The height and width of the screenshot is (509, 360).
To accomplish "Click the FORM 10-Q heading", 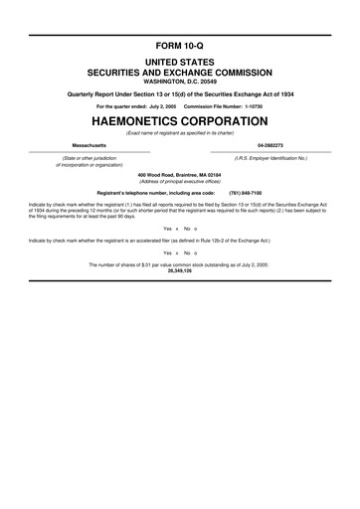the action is (180, 47).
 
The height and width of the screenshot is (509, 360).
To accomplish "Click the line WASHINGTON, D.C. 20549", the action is (180, 82).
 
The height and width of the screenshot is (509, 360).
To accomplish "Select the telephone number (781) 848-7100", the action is (246, 192).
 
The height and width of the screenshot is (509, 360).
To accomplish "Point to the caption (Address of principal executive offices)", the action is (180, 180).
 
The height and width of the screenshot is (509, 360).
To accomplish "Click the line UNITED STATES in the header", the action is (180, 63).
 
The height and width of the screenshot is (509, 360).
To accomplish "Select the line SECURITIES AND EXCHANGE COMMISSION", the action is (180, 73).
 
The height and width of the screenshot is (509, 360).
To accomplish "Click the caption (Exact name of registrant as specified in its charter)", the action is (180, 131).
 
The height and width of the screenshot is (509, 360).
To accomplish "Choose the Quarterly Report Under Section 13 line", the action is (180, 95).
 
